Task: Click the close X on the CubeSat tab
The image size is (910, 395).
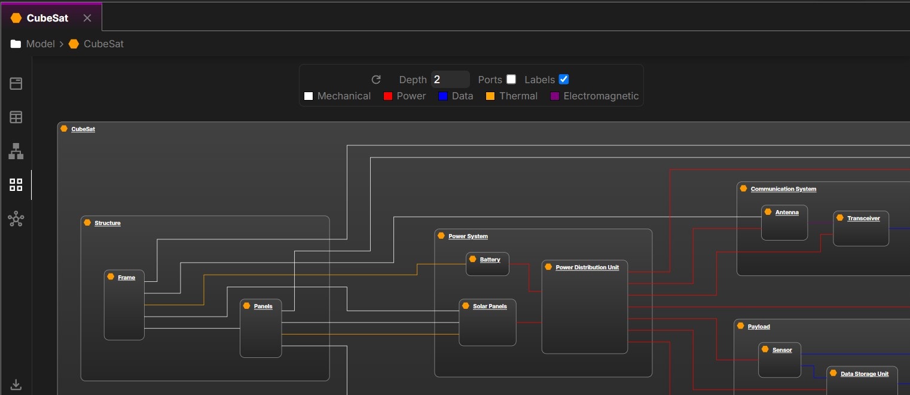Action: click(87, 18)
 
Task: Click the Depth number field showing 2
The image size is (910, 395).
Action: click(450, 80)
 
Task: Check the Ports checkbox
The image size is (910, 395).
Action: click(511, 80)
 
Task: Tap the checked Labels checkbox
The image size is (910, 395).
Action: click(563, 80)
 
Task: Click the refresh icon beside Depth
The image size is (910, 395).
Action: click(376, 80)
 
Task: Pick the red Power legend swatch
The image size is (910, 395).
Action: click(387, 96)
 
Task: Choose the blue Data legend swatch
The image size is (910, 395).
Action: click(443, 96)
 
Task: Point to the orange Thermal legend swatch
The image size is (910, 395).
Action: click(490, 96)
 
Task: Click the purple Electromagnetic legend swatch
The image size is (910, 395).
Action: click(555, 96)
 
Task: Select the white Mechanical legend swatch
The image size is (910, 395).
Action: click(309, 96)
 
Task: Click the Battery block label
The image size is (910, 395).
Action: click(490, 260)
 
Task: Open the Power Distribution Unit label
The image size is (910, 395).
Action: click(587, 268)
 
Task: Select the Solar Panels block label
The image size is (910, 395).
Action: click(490, 306)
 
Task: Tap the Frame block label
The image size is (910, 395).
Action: click(126, 278)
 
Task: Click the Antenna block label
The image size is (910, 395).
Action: click(787, 212)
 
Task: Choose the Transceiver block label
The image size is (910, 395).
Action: click(863, 218)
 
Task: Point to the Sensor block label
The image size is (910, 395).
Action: click(782, 350)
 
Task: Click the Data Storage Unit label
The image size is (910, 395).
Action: click(865, 374)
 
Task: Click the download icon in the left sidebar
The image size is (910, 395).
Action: click(16, 384)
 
